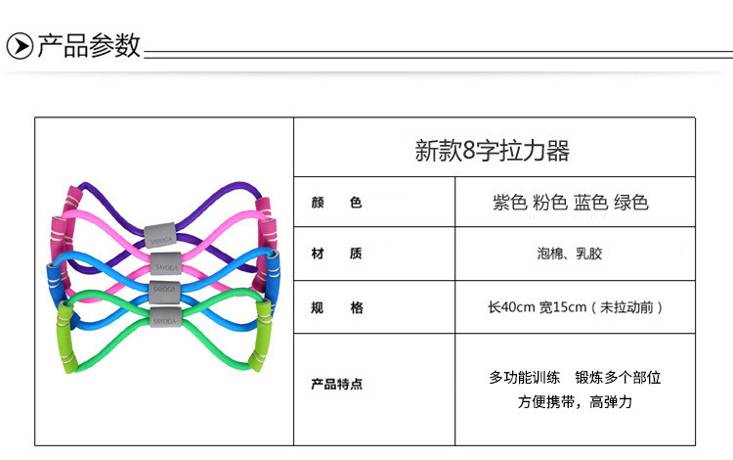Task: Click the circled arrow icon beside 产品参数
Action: point(20,46)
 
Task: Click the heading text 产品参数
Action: point(89,46)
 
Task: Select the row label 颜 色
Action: point(336,204)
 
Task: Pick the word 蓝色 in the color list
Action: point(592,203)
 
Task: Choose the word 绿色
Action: point(631,203)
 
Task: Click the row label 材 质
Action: point(336,254)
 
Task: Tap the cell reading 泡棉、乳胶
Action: point(576,254)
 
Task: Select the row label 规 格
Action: point(336,307)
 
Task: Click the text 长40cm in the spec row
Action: point(511,307)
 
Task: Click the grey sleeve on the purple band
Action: point(161,235)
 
